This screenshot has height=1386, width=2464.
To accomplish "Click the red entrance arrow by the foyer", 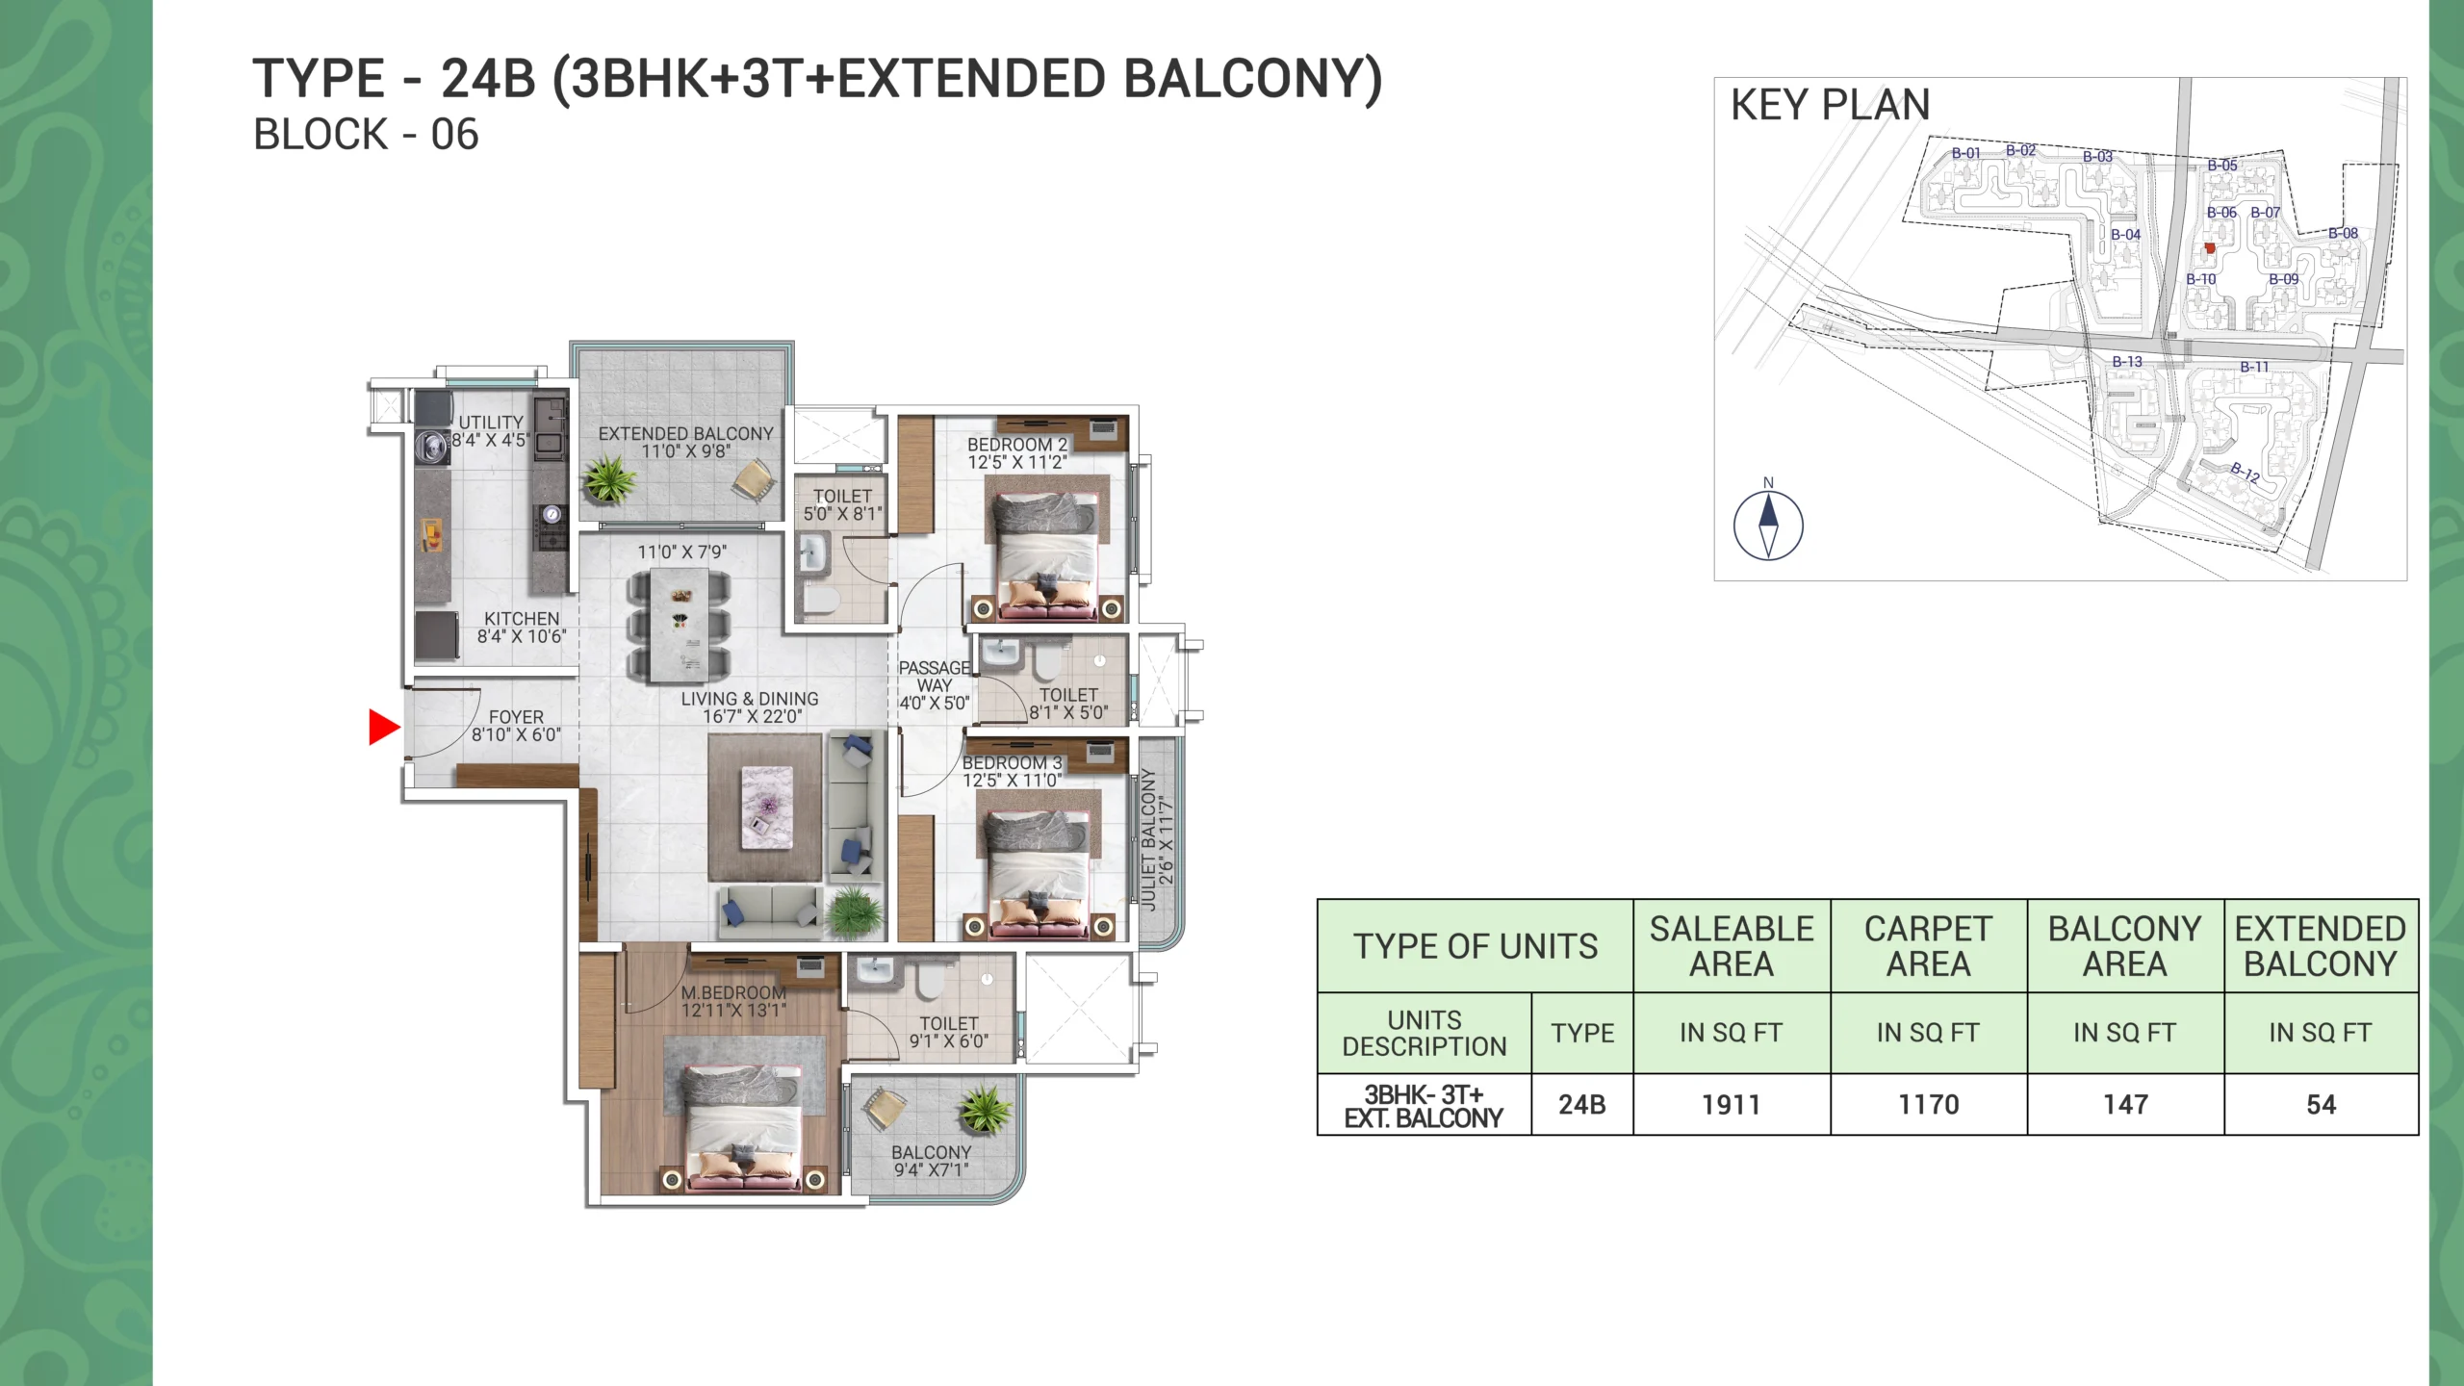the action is coord(383,727).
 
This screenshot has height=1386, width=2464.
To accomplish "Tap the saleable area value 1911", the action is coord(1731,1105).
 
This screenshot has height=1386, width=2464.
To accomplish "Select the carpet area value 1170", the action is coord(1928,1105).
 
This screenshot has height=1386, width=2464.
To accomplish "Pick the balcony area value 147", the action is coord(2125,1105).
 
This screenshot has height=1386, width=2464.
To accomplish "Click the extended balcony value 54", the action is coord(2321,1105).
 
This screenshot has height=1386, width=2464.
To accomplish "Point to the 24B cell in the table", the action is coord(1582,1105).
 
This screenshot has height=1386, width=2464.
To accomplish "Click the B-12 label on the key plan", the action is coord(2245,473).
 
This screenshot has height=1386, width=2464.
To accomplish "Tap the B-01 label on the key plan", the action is coord(1965,153).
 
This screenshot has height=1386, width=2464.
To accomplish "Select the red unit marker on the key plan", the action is coord(2210,248).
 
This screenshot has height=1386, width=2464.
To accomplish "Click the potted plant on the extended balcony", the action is coord(608,478).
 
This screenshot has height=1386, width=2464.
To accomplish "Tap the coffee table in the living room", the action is coord(767,808).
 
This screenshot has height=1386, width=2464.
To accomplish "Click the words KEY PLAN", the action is coord(1831,105).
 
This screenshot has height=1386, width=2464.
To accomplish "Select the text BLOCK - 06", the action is coord(366,135).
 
